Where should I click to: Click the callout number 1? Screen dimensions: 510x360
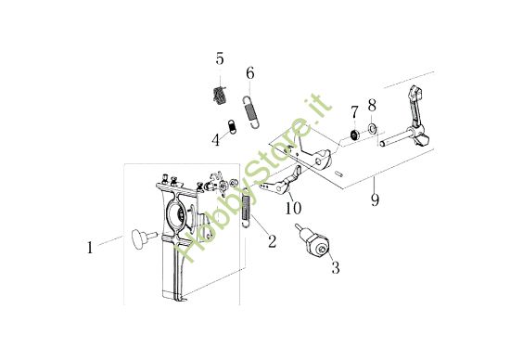click(x=90, y=248)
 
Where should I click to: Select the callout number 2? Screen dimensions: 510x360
click(x=272, y=241)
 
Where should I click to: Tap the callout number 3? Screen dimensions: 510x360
click(x=336, y=267)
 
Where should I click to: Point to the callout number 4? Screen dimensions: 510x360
click(x=216, y=140)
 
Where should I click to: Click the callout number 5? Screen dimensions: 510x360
click(x=220, y=58)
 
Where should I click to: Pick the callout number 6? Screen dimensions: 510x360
click(x=250, y=73)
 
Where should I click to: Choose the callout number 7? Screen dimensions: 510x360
click(x=354, y=112)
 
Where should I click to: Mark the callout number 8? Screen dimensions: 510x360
click(x=372, y=105)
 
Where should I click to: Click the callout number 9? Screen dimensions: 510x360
click(x=375, y=199)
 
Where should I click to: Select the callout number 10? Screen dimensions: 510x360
click(x=293, y=208)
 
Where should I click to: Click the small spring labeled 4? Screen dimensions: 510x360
click(x=231, y=126)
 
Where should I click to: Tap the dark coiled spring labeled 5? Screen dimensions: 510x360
click(x=220, y=96)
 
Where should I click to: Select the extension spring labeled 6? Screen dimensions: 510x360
click(x=251, y=110)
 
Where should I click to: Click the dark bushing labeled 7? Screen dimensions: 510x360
click(x=354, y=135)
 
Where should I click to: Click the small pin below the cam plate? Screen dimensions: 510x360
click(x=339, y=174)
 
